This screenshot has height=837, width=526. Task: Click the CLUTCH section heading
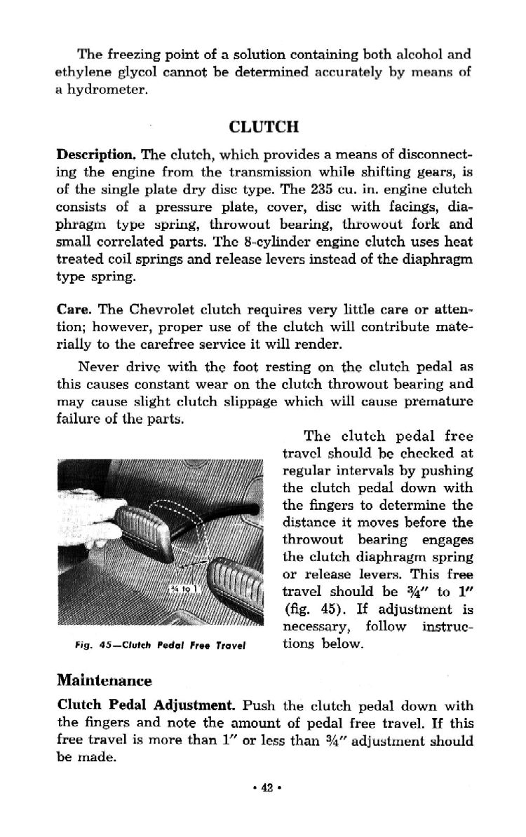tap(264, 127)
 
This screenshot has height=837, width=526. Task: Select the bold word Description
tap(86, 155)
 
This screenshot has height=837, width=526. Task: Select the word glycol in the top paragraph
tap(147, 71)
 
